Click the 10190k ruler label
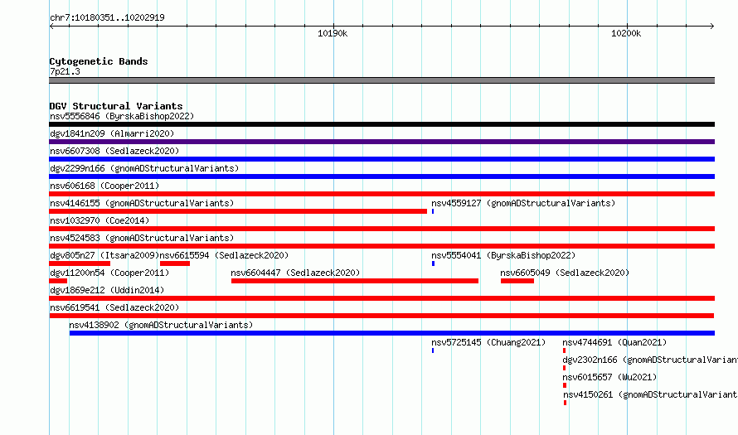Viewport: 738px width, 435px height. pyautogui.click(x=333, y=33)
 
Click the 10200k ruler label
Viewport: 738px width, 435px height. pyautogui.click(x=626, y=33)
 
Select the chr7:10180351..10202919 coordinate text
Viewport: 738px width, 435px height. pyautogui.click(x=107, y=18)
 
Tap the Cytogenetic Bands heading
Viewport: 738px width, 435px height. pyautogui.click(x=99, y=61)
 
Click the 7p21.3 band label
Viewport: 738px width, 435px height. pyautogui.click(x=65, y=71)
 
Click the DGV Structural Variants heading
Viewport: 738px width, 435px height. pyautogui.click(x=116, y=106)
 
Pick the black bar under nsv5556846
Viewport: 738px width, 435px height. pyautogui.click(x=381, y=124)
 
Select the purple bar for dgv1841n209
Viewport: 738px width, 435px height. pyautogui.click(x=381, y=142)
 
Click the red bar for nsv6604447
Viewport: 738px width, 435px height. pyautogui.click(x=355, y=281)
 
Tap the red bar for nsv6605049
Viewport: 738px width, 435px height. pyautogui.click(x=517, y=281)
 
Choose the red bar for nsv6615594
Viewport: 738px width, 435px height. pyautogui.click(x=175, y=263)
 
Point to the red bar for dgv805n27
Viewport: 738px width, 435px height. pyautogui.click(x=80, y=263)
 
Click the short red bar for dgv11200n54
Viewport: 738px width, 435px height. pyautogui.click(x=58, y=281)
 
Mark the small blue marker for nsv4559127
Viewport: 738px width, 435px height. pyautogui.click(x=433, y=211)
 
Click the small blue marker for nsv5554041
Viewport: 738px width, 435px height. pyautogui.click(x=433, y=263)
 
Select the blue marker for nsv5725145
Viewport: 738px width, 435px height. pyautogui.click(x=433, y=350)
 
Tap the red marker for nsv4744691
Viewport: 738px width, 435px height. pyautogui.click(x=564, y=350)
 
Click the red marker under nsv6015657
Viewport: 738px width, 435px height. pyautogui.click(x=565, y=385)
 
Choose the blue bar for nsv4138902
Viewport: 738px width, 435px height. pyautogui.click(x=392, y=333)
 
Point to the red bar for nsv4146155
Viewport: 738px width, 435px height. pyautogui.click(x=238, y=211)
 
